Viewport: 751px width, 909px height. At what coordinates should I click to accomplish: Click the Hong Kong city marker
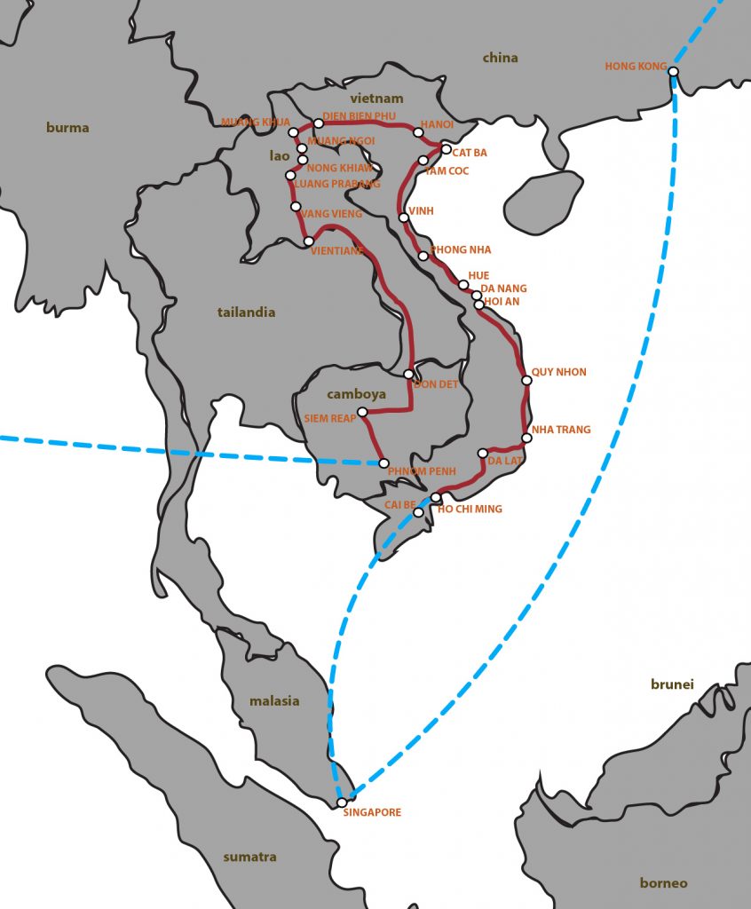point(674,72)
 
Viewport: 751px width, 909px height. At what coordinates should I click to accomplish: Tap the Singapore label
point(372,812)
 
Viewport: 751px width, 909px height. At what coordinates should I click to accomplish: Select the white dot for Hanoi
point(418,132)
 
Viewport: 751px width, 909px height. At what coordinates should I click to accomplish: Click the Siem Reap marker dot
point(362,412)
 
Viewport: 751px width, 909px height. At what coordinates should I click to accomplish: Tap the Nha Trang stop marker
point(526,438)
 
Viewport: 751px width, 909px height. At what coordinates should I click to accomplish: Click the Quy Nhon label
point(558,372)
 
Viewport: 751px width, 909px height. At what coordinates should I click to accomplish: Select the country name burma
point(67,128)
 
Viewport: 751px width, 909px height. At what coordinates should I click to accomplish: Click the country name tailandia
point(246,312)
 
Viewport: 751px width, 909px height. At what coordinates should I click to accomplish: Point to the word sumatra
point(249,858)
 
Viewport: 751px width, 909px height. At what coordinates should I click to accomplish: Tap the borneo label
point(663,883)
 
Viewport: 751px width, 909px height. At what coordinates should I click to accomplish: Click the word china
point(500,59)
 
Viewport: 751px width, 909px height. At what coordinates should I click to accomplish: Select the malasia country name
point(273,701)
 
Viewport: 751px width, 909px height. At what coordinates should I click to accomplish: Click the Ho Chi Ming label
point(470,509)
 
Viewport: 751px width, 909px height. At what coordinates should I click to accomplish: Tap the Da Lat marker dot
point(483,453)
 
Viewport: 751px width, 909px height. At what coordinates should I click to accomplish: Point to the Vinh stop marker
point(404,217)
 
